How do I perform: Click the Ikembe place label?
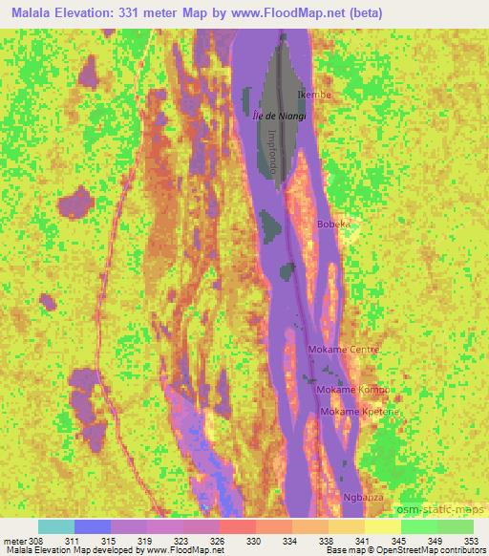click(x=313, y=96)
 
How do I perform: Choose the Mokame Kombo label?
click(x=349, y=390)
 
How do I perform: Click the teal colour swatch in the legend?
click(x=56, y=526)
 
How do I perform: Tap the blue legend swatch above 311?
click(x=93, y=526)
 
